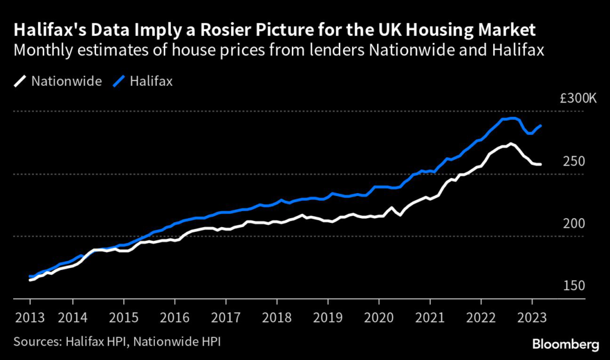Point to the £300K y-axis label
click(x=577, y=98)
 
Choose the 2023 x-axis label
click(x=531, y=316)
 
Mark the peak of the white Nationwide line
click(x=510, y=143)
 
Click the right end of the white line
click(x=540, y=165)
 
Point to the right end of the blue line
click(x=540, y=126)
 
